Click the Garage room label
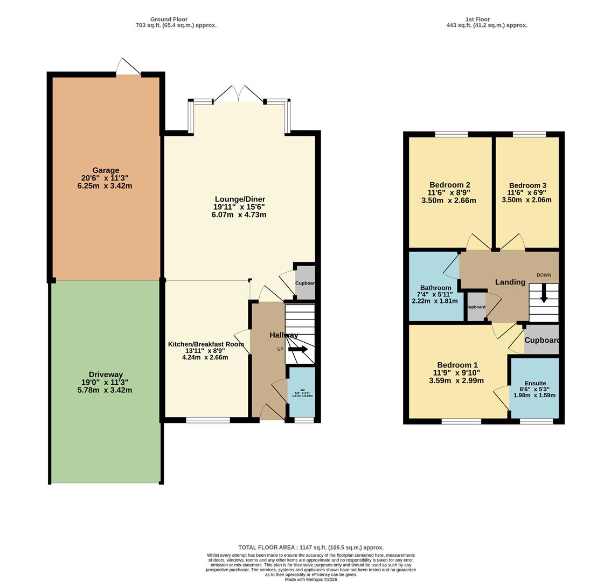(x=106, y=170)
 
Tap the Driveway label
(x=106, y=375)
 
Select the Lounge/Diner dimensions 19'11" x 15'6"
(x=239, y=207)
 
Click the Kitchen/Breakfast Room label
(x=206, y=344)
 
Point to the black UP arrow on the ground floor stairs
(x=298, y=349)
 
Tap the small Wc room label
(x=302, y=390)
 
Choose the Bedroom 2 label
(x=450, y=185)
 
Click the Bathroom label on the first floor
(x=435, y=288)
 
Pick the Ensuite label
(x=535, y=383)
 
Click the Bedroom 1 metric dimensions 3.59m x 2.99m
(x=456, y=380)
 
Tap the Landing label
(x=510, y=282)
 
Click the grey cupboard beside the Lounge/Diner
(x=305, y=282)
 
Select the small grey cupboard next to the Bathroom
(x=476, y=307)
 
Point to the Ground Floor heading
(x=169, y=19)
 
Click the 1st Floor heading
(x=477, y=19)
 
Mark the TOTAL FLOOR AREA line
(x=311, y=548)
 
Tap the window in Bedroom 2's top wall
(x=452, y=134)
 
